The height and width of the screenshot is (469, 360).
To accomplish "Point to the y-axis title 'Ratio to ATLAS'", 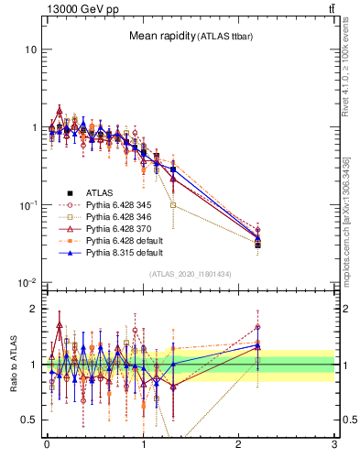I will [12, 364].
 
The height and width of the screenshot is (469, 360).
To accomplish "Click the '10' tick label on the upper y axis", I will [30, 49].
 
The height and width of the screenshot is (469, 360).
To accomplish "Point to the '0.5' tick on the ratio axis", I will [28, 420].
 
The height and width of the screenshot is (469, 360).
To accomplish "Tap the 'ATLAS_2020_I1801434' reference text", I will [191, 275].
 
